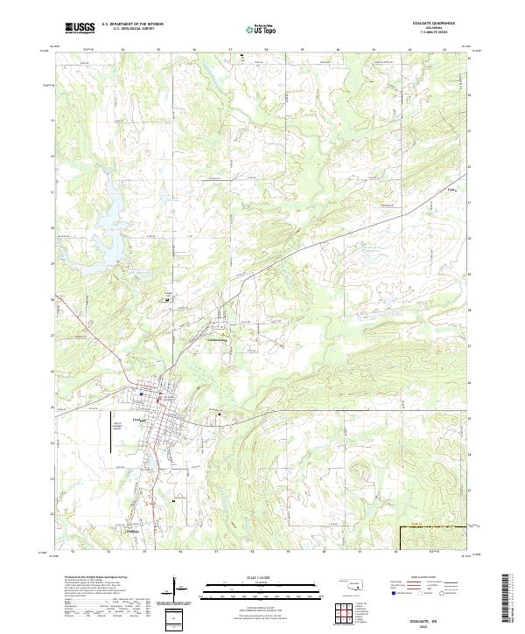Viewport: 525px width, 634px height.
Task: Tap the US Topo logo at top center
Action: click(255, 28)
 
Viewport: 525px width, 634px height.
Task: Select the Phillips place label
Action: click(129, 530)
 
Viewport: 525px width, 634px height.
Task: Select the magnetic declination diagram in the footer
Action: click(177, 589)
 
